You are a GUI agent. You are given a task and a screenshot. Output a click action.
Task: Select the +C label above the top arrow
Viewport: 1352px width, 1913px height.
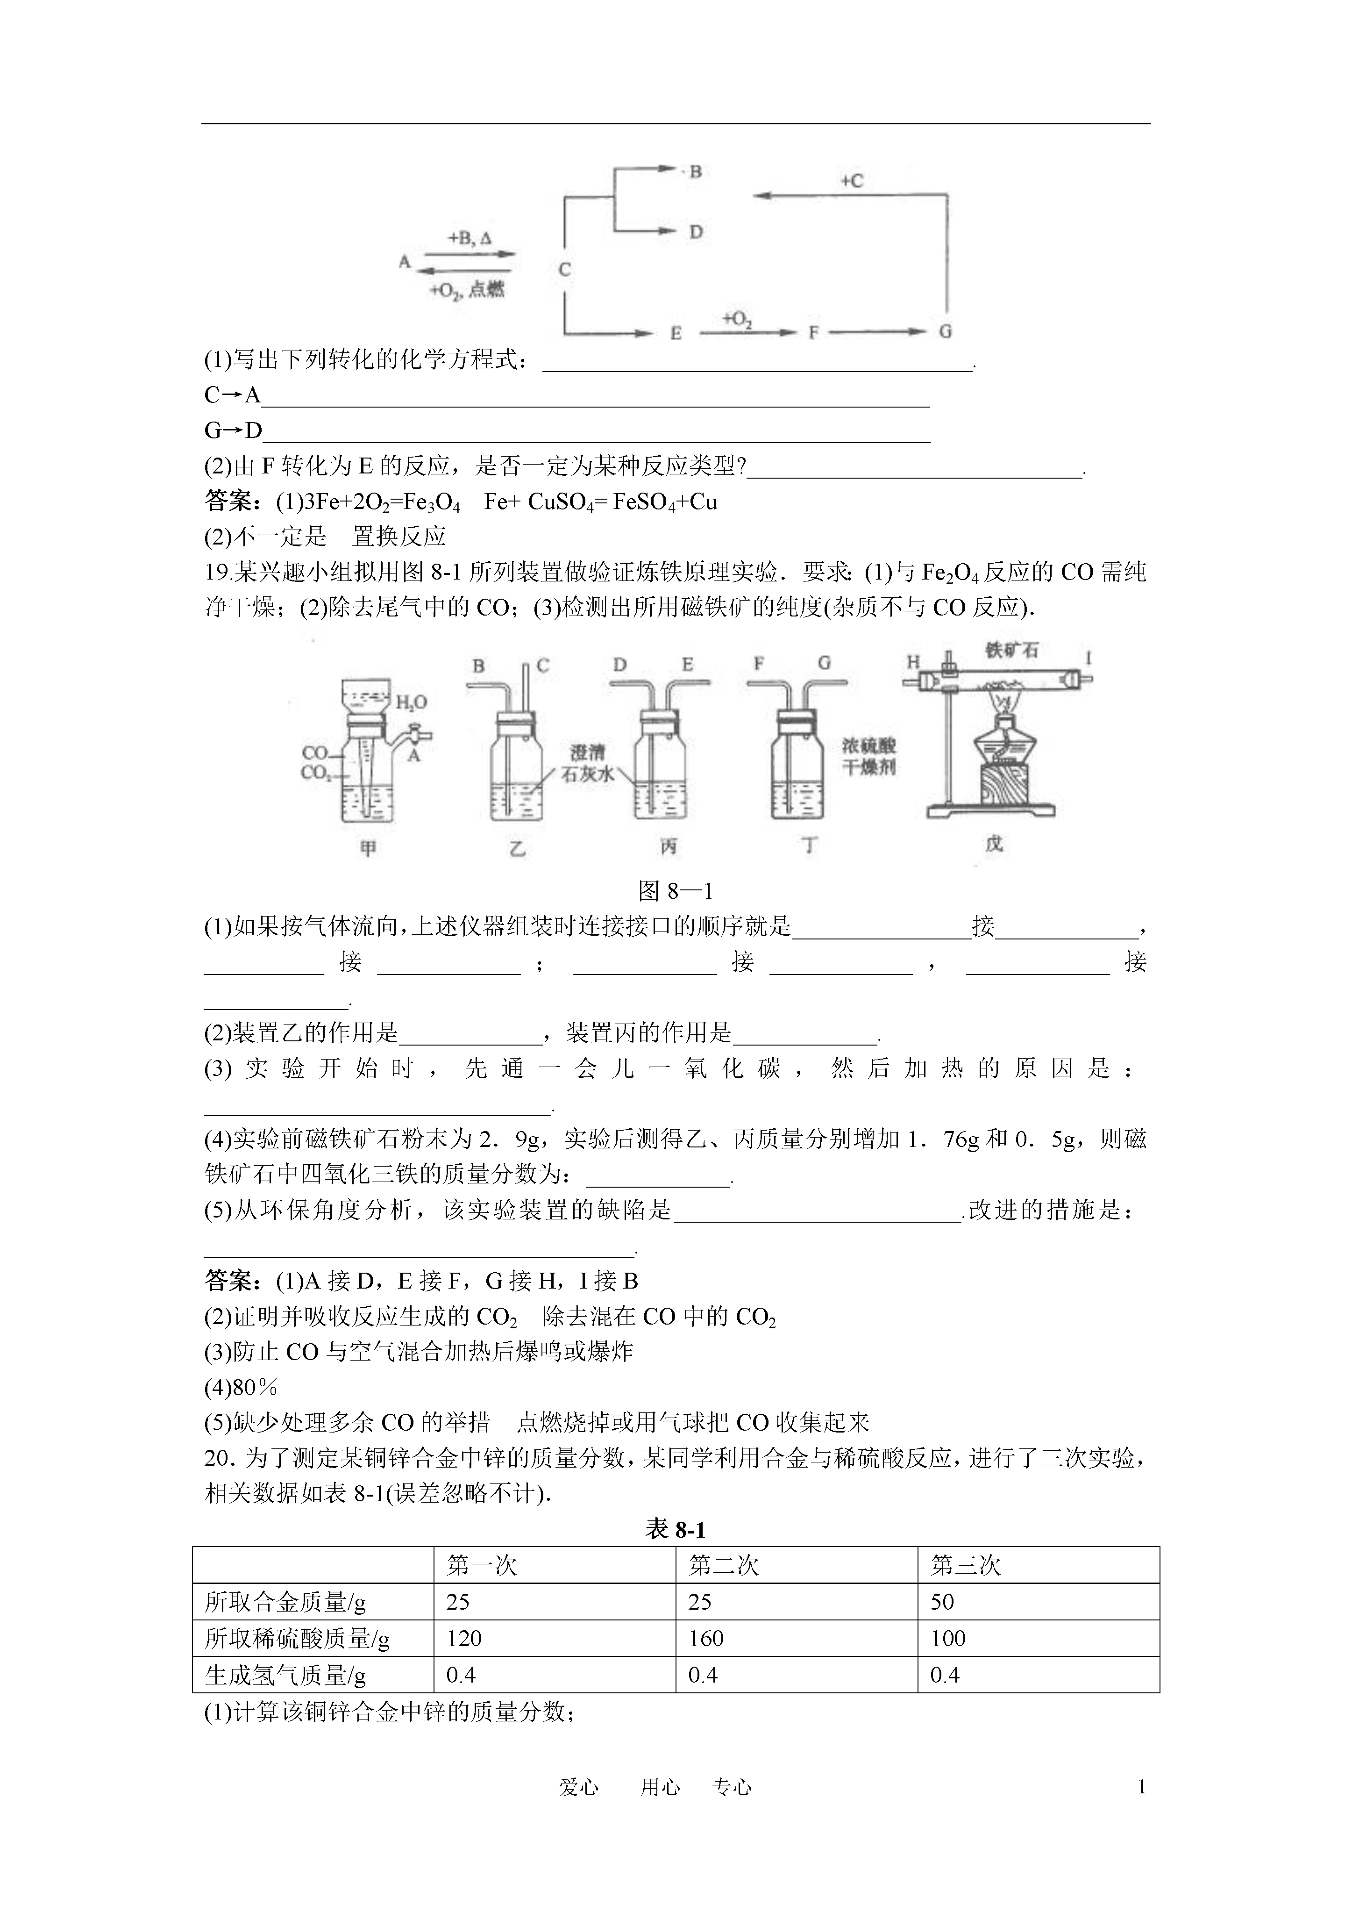[851, 181]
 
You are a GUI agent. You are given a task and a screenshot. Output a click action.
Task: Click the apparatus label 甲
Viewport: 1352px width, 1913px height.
[367, 848]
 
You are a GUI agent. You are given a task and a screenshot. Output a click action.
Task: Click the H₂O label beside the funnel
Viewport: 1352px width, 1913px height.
[411, 702]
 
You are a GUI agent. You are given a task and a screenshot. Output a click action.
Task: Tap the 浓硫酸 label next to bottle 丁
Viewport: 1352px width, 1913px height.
[869, 745]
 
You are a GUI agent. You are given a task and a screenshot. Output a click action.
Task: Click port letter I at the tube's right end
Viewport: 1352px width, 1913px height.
[1088, 658]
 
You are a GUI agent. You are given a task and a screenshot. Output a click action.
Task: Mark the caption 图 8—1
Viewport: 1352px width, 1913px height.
[675, 891]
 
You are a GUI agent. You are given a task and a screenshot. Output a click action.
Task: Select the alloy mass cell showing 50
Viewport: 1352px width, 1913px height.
[942, 1601]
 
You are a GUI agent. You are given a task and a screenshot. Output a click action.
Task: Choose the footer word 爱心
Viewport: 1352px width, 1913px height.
[578, 1787]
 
